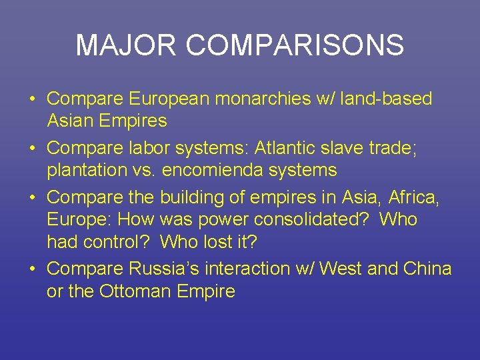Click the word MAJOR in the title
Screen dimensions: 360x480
[x=127, y=45]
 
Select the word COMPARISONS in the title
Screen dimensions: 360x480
[x=295, y=45]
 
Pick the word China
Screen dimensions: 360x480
[x=427, y=269]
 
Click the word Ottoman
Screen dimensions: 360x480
[x=133, y=291]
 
